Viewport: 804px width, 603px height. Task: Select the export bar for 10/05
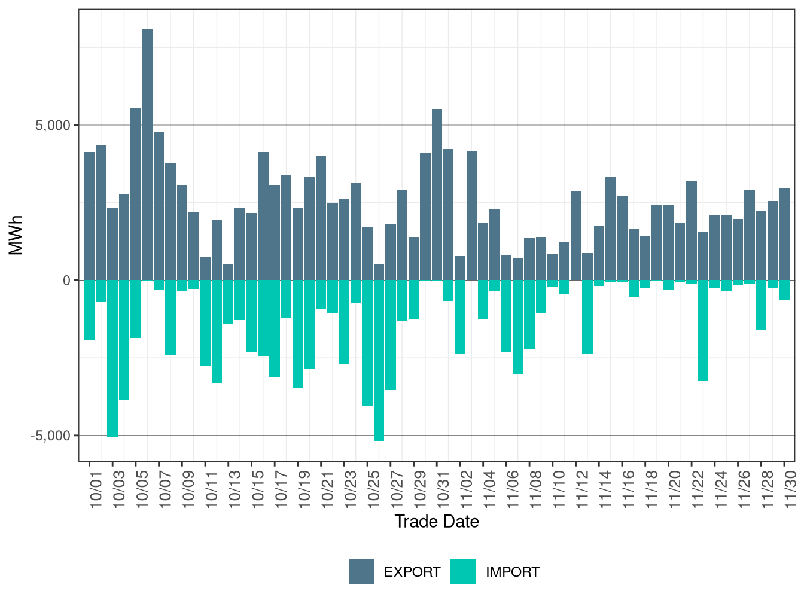click(x=136, y=194)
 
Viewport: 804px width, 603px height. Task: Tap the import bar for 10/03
click(x=112, y=358)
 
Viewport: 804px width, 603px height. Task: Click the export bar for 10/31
click(x=437, y=194)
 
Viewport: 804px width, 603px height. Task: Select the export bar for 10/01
click(x=89, y=216)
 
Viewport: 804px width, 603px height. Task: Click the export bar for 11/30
click(x=784, y=234)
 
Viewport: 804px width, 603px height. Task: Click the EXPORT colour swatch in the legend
click(x=361, y=572)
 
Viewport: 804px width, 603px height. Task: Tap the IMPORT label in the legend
click(x=513, y=572)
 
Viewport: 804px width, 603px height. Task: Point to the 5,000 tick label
click(x=53, y=125)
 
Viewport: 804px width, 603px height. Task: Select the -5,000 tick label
click(x=50, y=435)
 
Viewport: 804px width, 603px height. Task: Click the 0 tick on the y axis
click(x=66, y=280)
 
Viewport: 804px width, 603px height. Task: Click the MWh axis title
click(x=16, y=235)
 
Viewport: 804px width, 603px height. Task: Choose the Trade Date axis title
click(x=437, y=522)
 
